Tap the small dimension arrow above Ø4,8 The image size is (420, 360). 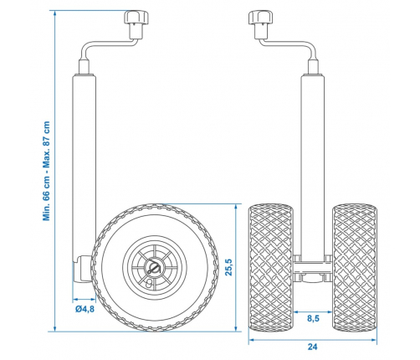84,298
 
